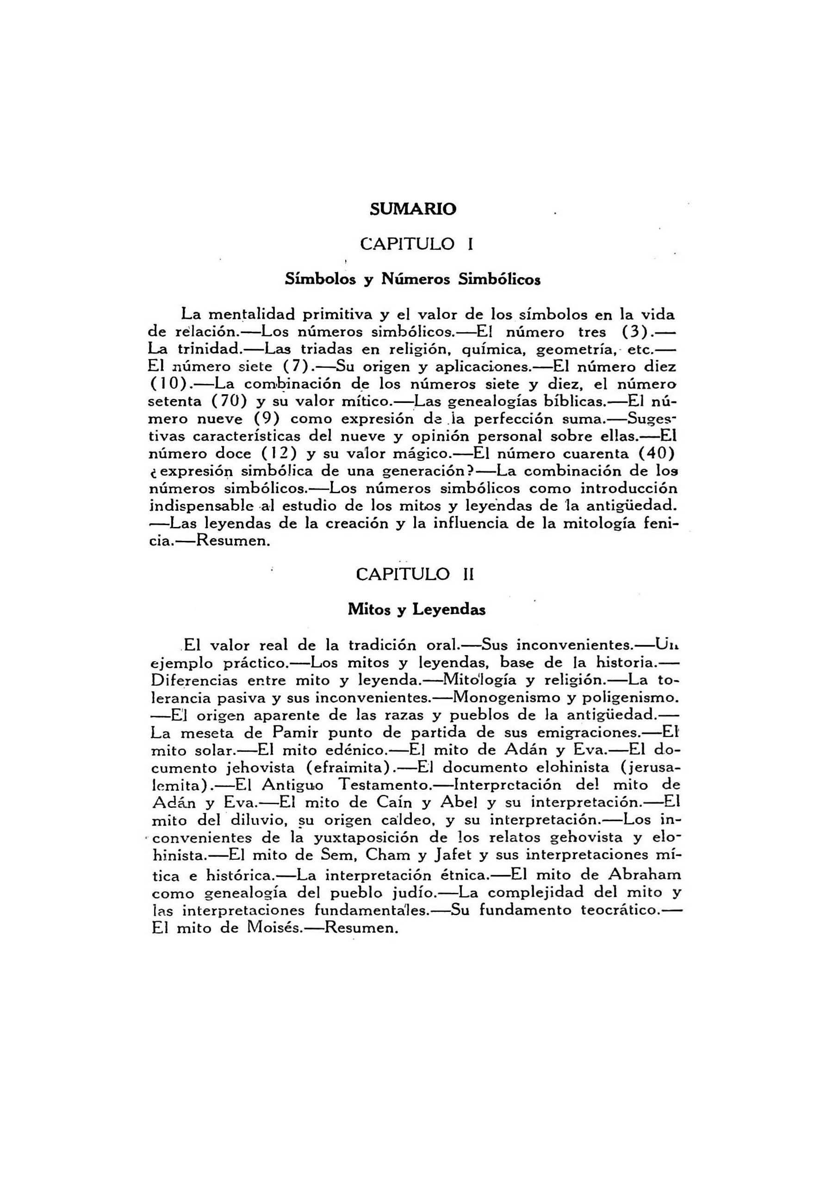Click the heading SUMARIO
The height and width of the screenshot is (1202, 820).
tap(413, 209)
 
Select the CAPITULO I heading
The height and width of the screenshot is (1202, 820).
tap(416, 244)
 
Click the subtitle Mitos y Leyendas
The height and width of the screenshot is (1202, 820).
tap(416, 609)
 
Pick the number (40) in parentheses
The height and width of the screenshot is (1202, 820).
tap(657, 454)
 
